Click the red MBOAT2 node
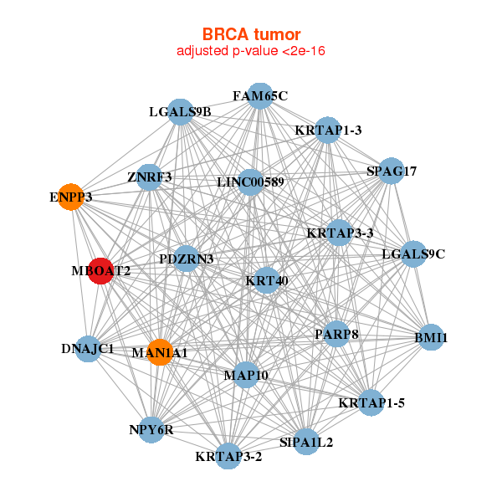point(100,271)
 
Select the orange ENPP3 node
point(71,197)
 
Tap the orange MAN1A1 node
point(159,352)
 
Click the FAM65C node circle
point(260,96)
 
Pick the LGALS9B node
point(181,111)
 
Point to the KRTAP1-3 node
point(328,130)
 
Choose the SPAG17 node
point(392,172)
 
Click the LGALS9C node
point(413,254)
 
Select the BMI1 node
point(431,338)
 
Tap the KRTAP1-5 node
point(371,402)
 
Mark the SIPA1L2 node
point(305,441)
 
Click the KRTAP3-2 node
point(228,456)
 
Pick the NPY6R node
point(151,430)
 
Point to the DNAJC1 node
point(88,348)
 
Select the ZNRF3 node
point(149,177)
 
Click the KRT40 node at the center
point(267,280)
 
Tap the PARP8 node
point(336,334)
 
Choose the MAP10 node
point(246,375)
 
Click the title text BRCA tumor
point(251,34)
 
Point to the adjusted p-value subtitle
point(251,51)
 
